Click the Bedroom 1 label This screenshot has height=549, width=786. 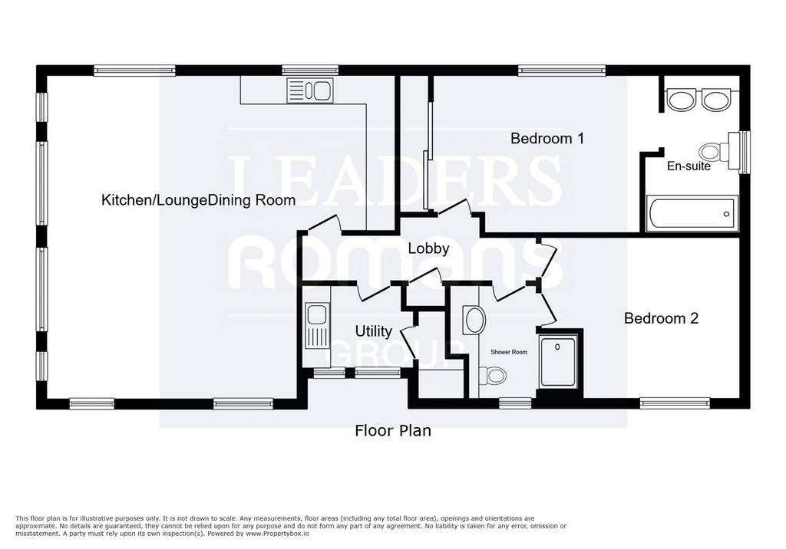point(547,138)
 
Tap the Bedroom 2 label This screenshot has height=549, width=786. point(661,318)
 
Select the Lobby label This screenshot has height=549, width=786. point(428,248)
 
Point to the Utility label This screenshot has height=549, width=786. point(374,331)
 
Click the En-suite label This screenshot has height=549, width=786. point(689,166)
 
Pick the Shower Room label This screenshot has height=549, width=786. point(509,352)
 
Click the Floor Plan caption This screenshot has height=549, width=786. point(393,431)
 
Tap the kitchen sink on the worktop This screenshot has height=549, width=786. point(310,90)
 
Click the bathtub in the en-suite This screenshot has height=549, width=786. point(692,214)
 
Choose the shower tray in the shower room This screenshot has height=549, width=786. point(558,361)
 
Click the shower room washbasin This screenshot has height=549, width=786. point(474,320)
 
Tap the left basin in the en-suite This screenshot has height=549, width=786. point(680,100)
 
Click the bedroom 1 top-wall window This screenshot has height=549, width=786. point(562,71)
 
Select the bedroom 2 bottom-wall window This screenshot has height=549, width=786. point(675,403)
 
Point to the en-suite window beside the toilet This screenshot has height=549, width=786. point(745,152)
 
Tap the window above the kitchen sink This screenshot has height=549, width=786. point(310,71)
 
